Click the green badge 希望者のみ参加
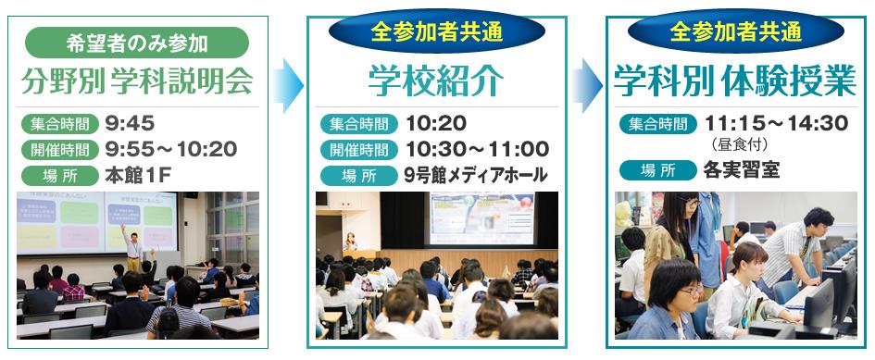pos(137,43)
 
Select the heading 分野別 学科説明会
pos(137,81)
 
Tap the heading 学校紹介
pos(436,81)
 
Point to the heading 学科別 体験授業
pos(735,81)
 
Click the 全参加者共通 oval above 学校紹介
pos(437,31)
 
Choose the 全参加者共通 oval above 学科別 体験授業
pos(736,31)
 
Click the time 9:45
pos(130,123)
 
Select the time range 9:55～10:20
pos(170,149)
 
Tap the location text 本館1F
pos(137,176)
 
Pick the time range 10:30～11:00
pos(477,149)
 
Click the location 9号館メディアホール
pos(475,176)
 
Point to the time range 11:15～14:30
pos(776,123)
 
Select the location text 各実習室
pos(742,170)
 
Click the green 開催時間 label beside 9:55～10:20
pos(60,150)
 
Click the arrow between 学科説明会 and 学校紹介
pos(288,85)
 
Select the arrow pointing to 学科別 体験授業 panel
pos(587,85)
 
